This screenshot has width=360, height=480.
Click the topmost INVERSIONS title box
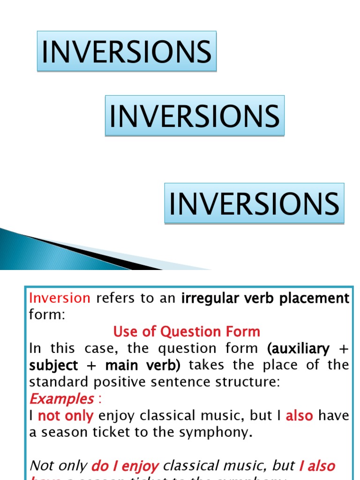tap(127, 51)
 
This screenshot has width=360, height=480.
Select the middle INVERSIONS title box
tap(195, 116)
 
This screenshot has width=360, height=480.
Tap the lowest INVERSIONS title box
tap(254, 203)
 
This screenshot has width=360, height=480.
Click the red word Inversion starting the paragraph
tap(60, 298)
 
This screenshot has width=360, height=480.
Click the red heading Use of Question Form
tap(187, 332)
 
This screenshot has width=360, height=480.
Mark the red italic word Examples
tap(61, 399)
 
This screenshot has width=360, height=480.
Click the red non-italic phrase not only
tap(66, 416)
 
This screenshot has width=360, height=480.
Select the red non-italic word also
tap(299, 416)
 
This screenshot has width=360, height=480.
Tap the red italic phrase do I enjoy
tap(125, 466)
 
